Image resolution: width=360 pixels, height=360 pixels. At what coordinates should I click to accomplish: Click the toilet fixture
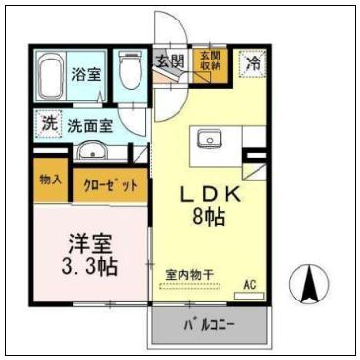[128, 71]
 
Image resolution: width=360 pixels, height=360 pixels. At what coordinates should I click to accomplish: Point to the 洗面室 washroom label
[91, 125]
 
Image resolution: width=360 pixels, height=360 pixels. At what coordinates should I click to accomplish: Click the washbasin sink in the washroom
[93, 152]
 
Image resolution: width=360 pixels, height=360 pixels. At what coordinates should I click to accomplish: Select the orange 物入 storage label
[51, 181]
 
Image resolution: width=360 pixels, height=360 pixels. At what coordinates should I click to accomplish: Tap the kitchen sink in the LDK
[209, 140]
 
